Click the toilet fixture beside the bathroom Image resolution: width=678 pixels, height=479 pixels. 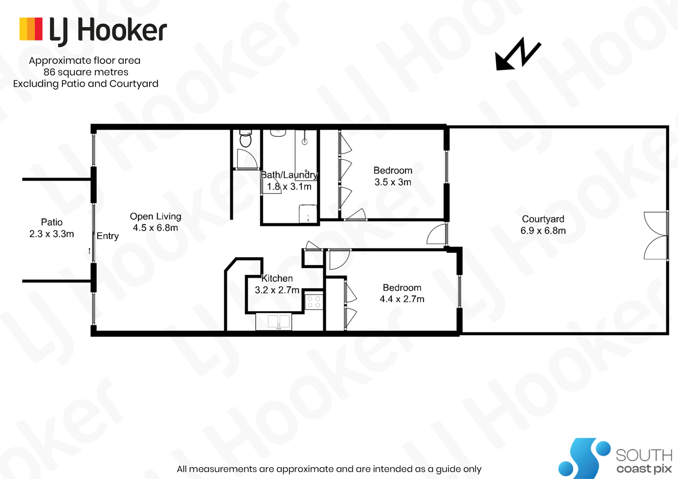pyautogui.click(x=245, y=138)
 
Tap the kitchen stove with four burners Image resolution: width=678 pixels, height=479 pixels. pyautogui.click(x=314, y=302)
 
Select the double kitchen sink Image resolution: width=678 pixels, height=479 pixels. pyautogui.click(x=279, y=322)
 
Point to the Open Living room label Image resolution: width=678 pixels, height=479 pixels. pyautogui.click(x=155, y=216)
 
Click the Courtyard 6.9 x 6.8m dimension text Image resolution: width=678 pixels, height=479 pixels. pyautogui.click(x=543, y=230)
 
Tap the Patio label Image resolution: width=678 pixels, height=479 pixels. pyautogui.click(x=52, y=222)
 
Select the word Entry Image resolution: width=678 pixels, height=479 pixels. pyautogui.click(x=108, y=236)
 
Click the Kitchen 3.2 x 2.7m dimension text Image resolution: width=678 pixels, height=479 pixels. pyautogui.click(x=277, y=290)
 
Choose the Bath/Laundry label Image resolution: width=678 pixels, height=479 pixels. pyautogui.click(x=289, y=175)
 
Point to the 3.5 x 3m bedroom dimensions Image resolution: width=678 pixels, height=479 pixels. pyautogui.click(x=393, y=182)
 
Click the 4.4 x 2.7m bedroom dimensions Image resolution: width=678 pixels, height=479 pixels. pyautogui.click(x=402, y=299)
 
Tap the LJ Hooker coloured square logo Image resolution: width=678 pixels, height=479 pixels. pyautogui.click(x=31, y=29)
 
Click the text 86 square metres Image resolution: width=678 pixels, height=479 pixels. pyautogui.click(x=86, y=72)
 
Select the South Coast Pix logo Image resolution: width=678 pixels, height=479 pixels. pyautogui.click(x=615, y=458)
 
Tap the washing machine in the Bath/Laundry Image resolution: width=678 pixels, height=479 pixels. pyautogui.click(x=308, y=214)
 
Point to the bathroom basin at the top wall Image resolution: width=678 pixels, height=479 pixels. pyautogui.click(x=278, y=133)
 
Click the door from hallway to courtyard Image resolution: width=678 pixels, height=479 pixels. pyautogui.click(x=437, y=234)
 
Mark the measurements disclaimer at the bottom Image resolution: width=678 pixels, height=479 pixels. pyautogui.click(x=329, y=469)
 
